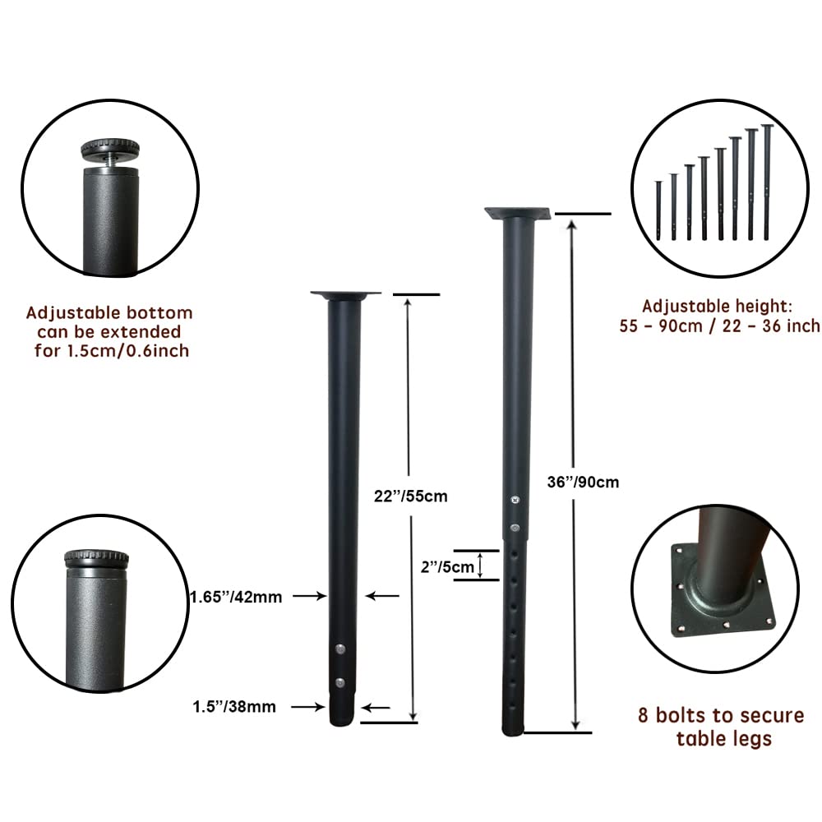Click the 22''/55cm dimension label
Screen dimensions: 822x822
[x=410, y=496]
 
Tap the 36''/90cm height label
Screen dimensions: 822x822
[x=583, y=482]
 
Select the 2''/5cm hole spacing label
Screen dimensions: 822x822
[x=447, y=566]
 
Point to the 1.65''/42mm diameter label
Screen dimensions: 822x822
[x=236, y=597]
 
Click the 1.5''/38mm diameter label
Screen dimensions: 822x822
[x=234, y=707]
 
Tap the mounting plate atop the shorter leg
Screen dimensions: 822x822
[x=345, y=294]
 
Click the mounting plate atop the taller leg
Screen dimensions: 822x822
[x=517, y=214]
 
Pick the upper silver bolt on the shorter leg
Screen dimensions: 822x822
[x=341, y=649]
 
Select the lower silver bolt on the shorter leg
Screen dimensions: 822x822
[x=341, y=682]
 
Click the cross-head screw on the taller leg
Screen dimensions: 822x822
[x=515, y=500]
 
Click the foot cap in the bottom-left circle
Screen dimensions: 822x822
[x=96, y=559]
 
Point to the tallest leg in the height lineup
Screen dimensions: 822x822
[x=767, y=182]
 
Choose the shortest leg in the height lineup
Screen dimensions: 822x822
[x=658, y=210]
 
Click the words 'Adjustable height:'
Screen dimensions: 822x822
[x=717, y=306]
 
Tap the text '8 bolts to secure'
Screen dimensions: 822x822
[x=721, y=715]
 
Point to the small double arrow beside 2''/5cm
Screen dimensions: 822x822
[x=480, y=566]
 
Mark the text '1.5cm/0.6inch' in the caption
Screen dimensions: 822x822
[x=127, y=351]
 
